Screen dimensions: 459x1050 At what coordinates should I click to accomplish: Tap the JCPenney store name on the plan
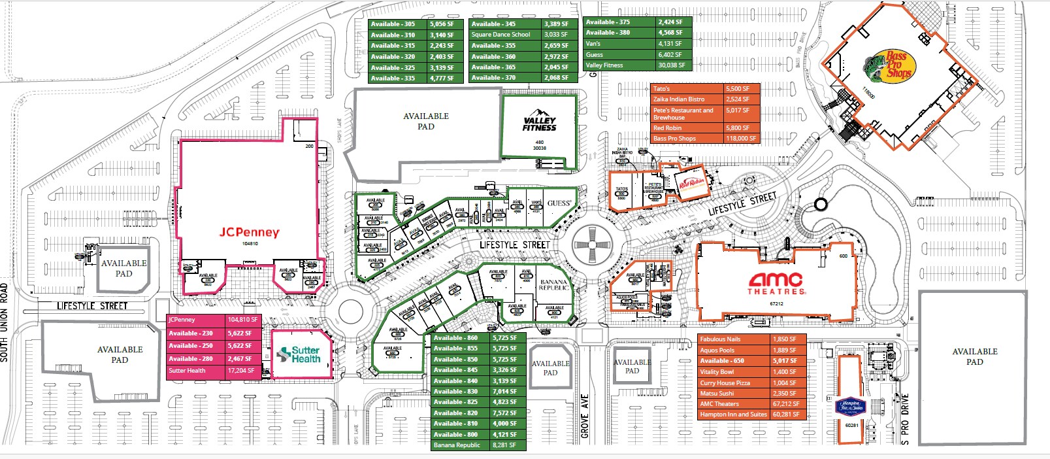(249, 232)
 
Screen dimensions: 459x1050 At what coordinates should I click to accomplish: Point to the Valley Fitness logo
(539, 124)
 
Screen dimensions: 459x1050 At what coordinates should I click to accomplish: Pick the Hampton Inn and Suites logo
(851, 407)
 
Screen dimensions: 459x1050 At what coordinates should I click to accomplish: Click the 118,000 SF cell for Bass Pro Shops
(741, 139)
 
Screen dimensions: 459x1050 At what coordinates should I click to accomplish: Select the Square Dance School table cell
(505, 35)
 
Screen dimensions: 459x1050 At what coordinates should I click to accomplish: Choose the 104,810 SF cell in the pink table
(243, 320)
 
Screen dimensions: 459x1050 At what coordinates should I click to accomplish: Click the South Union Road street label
(5, 322)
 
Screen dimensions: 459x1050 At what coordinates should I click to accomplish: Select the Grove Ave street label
(585, 416)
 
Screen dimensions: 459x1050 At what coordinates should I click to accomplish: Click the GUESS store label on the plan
(559, 203)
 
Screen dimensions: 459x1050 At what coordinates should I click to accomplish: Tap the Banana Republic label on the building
(553, 285)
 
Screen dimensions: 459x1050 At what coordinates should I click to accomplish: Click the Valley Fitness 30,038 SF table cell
(672, 65)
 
